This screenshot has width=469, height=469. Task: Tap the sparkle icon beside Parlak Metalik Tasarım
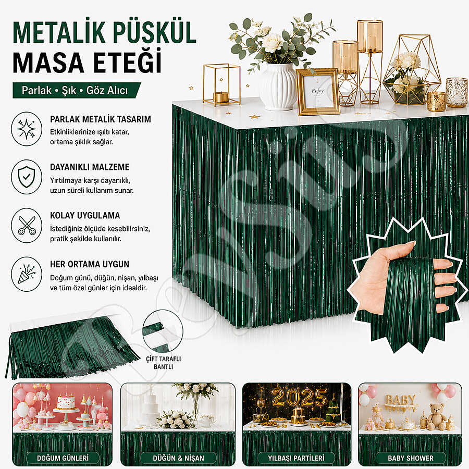tap(27, 129)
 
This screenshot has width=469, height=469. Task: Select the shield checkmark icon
tap(27, 177)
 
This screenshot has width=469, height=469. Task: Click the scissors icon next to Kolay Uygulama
tap(27, 226)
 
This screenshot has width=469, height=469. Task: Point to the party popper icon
tap(27, 274)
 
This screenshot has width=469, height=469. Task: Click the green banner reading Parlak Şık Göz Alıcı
tap(76, 90)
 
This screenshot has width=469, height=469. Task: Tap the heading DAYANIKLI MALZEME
tap(90, 167)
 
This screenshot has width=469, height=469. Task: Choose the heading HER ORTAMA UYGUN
tap(90, 264)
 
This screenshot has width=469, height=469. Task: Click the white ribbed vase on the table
tap(278, 87)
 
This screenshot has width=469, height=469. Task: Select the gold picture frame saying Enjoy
tap(318, 92)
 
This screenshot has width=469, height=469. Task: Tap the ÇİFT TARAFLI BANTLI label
tap(163, 363)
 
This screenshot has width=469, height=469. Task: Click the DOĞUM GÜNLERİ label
tap(63, 458)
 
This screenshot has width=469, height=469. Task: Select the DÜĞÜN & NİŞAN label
tap(178, 458)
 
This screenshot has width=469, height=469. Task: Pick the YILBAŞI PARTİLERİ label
tap(296, 458)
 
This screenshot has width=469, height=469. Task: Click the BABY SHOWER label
tap(411, 458)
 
